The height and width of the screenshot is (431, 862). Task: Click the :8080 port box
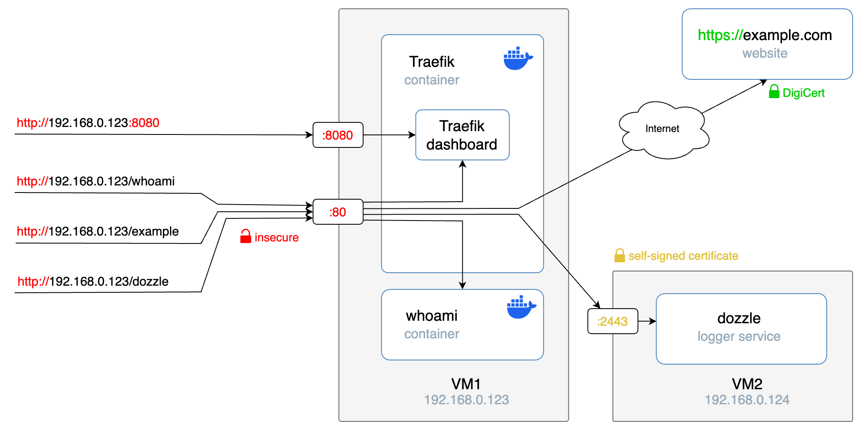click(338, 135)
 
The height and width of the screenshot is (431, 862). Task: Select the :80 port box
click(338, 212)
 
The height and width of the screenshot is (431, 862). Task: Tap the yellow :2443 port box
click(613, 321)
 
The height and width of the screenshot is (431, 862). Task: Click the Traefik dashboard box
click(462, 135)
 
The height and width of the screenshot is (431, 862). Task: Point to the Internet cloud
click(663, 129)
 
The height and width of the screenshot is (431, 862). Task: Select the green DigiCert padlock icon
click(774, 91)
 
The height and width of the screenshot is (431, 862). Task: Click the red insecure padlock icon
click(246, 236)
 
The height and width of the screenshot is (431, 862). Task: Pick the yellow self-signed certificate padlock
click(619, 255)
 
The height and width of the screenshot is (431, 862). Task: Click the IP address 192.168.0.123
click(466, 400)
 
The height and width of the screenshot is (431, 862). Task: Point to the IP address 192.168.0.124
click(747, 400)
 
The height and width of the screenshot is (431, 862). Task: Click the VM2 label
click(747, 383)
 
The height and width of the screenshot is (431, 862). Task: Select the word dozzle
click(738, 318)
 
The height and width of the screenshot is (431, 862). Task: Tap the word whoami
click(431, 316)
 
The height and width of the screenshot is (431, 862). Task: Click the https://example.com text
click(764, 35)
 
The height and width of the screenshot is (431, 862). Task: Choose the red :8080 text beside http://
click(144, 123)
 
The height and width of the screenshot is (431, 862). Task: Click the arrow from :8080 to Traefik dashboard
click(389, 135)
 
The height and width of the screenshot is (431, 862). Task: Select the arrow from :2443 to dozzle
click(647, 321)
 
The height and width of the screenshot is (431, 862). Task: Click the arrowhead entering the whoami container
click(462, 286)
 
